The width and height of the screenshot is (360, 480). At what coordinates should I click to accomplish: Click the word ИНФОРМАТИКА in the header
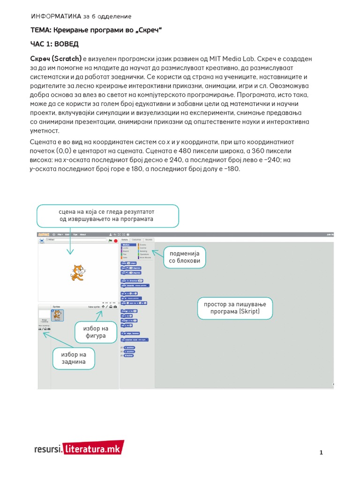[55, 16]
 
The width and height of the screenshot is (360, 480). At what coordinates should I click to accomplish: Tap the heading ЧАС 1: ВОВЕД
[54, 44]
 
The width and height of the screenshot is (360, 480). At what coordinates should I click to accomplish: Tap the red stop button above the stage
[115, 240]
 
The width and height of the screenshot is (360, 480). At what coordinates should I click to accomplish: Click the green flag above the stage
[110, 240]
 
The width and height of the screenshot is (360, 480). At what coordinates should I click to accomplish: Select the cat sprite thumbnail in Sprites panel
[57, 315]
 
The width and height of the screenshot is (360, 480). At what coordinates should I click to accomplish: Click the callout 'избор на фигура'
[95, 332]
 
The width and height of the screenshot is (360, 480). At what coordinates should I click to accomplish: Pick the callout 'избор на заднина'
[73, 358]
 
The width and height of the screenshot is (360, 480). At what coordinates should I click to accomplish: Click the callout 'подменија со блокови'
[185, 257]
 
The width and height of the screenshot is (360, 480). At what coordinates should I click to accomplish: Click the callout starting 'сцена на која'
[106, 215]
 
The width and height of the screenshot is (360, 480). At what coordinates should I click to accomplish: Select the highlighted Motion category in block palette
[126, 245]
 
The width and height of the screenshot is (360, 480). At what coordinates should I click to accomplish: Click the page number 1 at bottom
[321, 452]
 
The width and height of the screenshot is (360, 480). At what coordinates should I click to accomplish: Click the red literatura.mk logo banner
[94, 449]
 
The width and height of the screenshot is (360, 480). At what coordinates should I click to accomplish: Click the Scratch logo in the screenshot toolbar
[44, 234]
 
